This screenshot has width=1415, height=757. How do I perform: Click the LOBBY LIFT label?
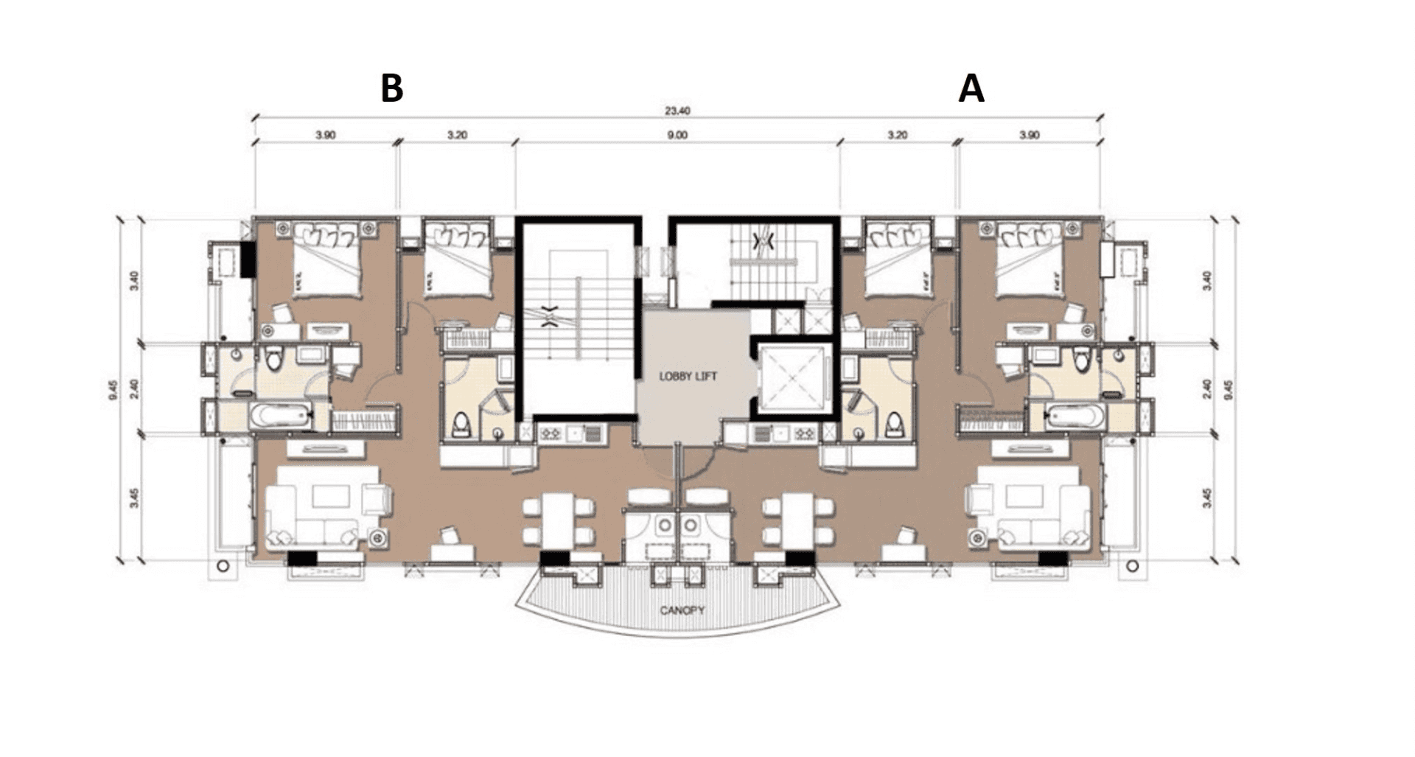pos(688,377)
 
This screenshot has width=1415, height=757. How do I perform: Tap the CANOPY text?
pos(682,610)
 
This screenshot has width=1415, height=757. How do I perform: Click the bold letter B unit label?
pos(391,88)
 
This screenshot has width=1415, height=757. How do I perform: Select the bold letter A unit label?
pos(971,89)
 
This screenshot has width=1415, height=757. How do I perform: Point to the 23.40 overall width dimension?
pos(677,112)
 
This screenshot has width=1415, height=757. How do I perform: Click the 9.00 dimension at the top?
pos(677,135)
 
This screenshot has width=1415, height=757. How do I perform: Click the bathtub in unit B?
pos(282,416)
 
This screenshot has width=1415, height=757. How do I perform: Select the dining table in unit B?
pos(559,522)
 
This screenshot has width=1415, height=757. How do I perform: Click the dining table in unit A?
pos(799,522)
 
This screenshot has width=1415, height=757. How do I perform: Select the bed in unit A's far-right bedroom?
pos(1030,259)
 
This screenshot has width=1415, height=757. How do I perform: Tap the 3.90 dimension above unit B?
pos(325,135)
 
